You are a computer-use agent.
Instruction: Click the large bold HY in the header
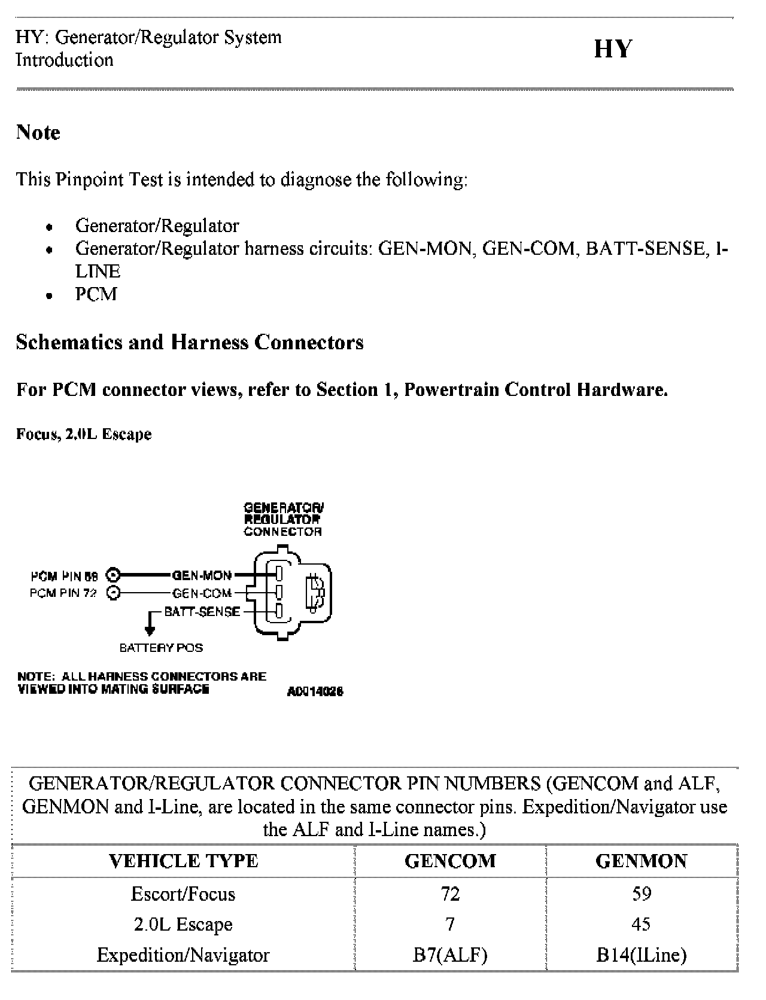click(612, 49)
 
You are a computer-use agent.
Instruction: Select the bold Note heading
click(38, 132)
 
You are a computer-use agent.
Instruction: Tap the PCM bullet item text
click(96, 294)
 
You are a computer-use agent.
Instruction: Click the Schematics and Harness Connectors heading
click(190, 342)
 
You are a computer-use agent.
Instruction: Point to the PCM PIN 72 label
click(63, 593)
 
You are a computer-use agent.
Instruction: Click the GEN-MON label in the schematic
click(202, 575)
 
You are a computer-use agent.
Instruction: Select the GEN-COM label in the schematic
click(202, 593)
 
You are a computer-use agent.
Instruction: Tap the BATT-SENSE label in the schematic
click(202, 612)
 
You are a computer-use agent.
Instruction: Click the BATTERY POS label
click(161, 648)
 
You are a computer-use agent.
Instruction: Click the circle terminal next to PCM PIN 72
click(113, 593)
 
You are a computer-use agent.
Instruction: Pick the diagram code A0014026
click(315, 692)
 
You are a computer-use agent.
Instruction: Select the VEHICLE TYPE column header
click(183, 861)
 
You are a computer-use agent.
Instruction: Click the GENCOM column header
click(450, 861)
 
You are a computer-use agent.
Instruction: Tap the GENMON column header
click(641, 861)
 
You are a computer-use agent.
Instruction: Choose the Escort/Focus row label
click(183, 894)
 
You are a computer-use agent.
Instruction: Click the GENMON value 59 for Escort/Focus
click(641, 894)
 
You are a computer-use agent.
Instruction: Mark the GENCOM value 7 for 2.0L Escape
click(450, 925)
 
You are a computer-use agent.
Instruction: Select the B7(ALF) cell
click(450, 955)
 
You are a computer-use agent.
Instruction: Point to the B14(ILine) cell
click(641, 955)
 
